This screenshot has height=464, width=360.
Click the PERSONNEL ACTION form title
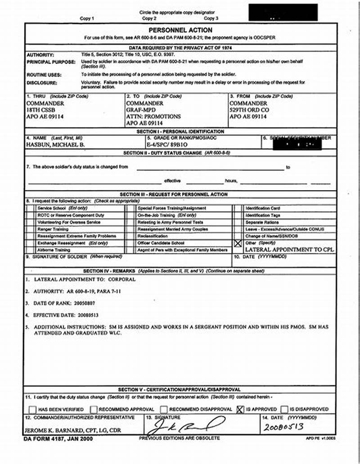coord(180,30)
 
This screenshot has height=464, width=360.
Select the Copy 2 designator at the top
coord(149,18)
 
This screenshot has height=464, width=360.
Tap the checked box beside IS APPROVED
coord(240,409)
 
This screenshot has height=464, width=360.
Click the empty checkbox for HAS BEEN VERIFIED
coord(32,409)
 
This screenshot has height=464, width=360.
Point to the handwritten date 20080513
coord(283,427)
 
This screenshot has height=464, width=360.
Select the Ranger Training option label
coord(53,229)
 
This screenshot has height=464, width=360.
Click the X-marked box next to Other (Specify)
coord(238,243)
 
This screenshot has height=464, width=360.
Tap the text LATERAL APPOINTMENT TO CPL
coord(289,249)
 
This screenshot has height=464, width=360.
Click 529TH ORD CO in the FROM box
coord(249,110)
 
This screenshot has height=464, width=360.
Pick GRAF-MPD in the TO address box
coord(141,110)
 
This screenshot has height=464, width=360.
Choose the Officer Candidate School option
coord(161,243)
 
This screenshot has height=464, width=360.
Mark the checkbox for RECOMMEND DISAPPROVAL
coord(164,409)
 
